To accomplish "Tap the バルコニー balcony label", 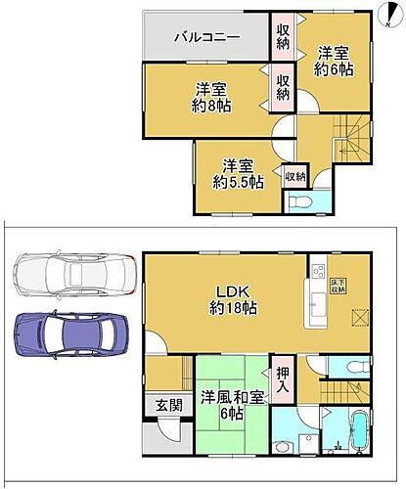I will click(202, 38).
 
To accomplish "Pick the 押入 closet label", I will click(282, 377).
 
